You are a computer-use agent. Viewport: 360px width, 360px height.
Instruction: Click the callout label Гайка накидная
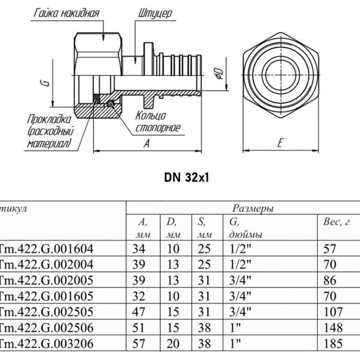click(x=67, y=13)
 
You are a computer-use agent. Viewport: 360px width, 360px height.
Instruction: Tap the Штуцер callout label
click(x=155, y=13)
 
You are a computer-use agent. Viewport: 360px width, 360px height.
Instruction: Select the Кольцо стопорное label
click(x=158, y=122)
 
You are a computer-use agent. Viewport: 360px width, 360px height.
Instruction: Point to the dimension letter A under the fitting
click(x=147, y=143)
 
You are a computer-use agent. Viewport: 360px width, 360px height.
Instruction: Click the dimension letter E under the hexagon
click(x=280, y=143)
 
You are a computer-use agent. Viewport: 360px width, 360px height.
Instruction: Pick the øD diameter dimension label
click(x=219, y=73)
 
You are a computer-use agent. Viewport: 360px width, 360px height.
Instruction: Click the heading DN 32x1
click(x=187, y=178)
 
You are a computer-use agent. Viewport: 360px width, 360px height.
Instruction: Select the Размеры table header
click(x=253, y=208)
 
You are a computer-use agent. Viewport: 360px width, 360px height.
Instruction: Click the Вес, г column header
click(x=336, y=222)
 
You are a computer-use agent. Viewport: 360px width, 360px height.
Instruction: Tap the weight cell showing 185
click(x=333, y=344)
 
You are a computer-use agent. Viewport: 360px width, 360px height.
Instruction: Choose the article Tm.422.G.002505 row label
click(x=46, y=312)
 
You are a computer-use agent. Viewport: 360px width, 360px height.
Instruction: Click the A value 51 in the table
click(x=138, y=328)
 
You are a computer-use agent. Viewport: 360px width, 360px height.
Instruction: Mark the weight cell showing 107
click(x=333, y=312)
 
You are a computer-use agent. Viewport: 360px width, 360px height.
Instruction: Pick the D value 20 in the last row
click(x=173, y=344)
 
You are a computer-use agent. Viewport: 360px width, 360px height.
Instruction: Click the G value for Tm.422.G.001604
click(x=240, y=249)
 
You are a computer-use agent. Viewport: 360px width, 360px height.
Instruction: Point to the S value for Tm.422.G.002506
click(x=204, y=328)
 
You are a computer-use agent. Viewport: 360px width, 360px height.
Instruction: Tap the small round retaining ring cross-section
click(x=111, y=104)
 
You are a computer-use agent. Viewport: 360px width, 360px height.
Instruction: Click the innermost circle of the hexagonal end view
click(x=281, y=73)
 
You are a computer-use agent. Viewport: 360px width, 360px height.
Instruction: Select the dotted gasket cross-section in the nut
click(x=96, y=99)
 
